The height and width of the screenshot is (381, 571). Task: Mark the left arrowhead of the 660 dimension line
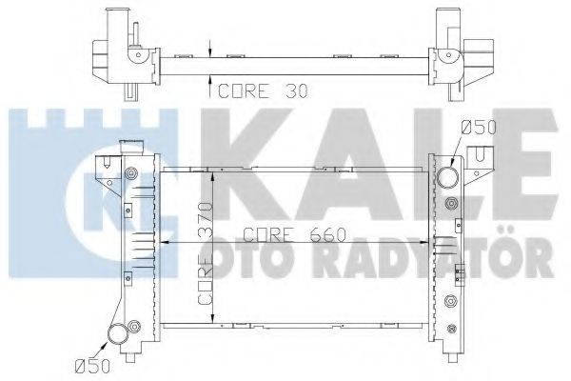tap(165, 244)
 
